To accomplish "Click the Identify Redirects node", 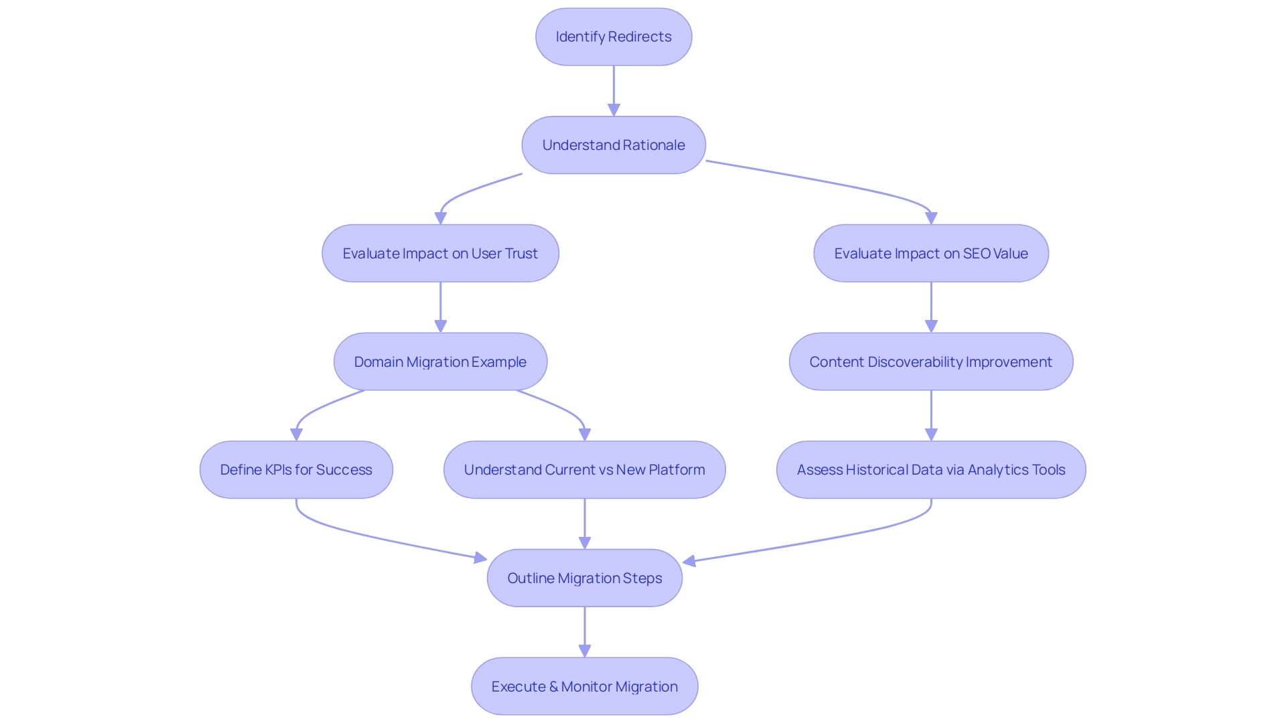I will pyautogui.click(x=614, y=37).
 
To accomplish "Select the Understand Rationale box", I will pyautogui.click(x=614, y=145).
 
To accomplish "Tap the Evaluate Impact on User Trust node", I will pyautogui.click(x=440, y=254).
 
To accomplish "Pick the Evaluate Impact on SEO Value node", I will pyautogui.click(x=931, y=254).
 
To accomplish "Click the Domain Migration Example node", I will pyautogui.click(x=440, y=361).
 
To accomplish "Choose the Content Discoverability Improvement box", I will pyautogui.click(x=931, y=361).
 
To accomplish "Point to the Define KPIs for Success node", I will pyautogui.click(x=296, y=470).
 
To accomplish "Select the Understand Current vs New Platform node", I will pyautogui.click(x=584, y=470).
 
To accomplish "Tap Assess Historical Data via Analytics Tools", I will pyautogui.click(x=931, y=470).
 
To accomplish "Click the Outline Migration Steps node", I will pyautogui.click(x=584, y=578).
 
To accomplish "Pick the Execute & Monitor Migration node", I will pyautogui.click(x=584, y=686).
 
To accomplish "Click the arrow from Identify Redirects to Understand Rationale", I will pyautogui.click(x=614, y=90).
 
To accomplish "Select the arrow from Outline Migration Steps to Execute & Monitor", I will pyautogui.click(x=585, y=631).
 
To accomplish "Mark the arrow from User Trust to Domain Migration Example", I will pyautogui.click(x=440, y=307).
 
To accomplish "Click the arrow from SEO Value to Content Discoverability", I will pyautogui.click(x=931, y=307).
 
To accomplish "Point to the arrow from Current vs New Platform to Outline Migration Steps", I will pyautogui.click(x=585, y=523).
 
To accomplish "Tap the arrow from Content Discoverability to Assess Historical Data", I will pyautogui.click(x=931, y=415).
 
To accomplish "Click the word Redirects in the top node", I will pyautogui.click(x=640, y=37).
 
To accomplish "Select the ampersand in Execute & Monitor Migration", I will pyautogui.click(x=553, y=687).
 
